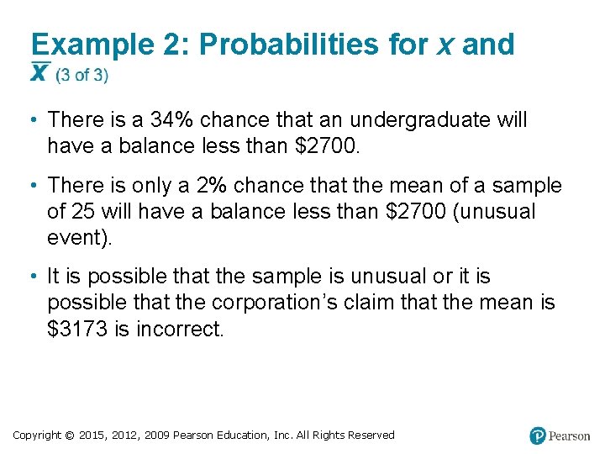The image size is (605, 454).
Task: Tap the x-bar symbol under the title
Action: [x=39, y=74]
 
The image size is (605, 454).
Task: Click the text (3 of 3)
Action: [x=82, y=76]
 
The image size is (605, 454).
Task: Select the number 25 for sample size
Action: [x=82, y=211]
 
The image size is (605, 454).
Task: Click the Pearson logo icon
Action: [x=538, y=436]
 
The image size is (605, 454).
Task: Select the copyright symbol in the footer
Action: [x=71, y=436]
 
